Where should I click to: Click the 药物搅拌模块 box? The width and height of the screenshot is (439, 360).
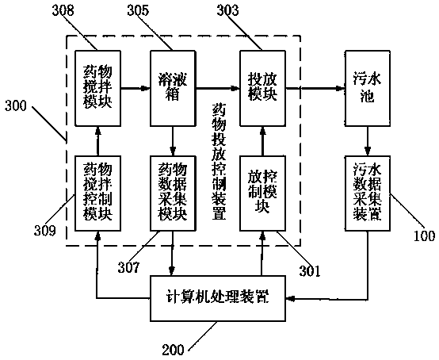point(97,88)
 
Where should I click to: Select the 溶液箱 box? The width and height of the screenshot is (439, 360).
point(173,88)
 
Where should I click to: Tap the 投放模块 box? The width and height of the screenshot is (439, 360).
point(262,88)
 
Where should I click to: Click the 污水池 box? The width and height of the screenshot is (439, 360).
point(368,88)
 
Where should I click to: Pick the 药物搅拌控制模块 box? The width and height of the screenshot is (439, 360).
point(97,193)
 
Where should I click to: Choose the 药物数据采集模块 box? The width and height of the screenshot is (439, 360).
point(173,193)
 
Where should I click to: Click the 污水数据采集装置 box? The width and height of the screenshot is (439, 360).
point(368,193)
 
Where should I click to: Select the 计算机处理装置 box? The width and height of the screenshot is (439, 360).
point(218,298)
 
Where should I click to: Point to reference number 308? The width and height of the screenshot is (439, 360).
point(63,10)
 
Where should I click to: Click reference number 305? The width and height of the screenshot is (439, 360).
point(139,10)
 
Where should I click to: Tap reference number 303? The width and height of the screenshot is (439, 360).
point(228,10)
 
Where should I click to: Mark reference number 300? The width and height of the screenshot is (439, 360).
point(16,106)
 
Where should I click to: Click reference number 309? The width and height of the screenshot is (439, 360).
point(45,231)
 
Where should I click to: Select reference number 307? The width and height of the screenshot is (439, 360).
point(128,267)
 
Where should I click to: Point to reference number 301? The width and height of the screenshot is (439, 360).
point(310,271)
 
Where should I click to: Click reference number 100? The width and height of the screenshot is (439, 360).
point(425,236)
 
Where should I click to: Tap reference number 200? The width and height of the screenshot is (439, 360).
point(174,350)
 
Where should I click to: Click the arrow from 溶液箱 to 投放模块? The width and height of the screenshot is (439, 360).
point(218,89)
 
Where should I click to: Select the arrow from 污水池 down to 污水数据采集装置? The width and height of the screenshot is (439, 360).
point(368,141)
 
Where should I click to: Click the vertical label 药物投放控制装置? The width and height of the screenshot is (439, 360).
point(219,162)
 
